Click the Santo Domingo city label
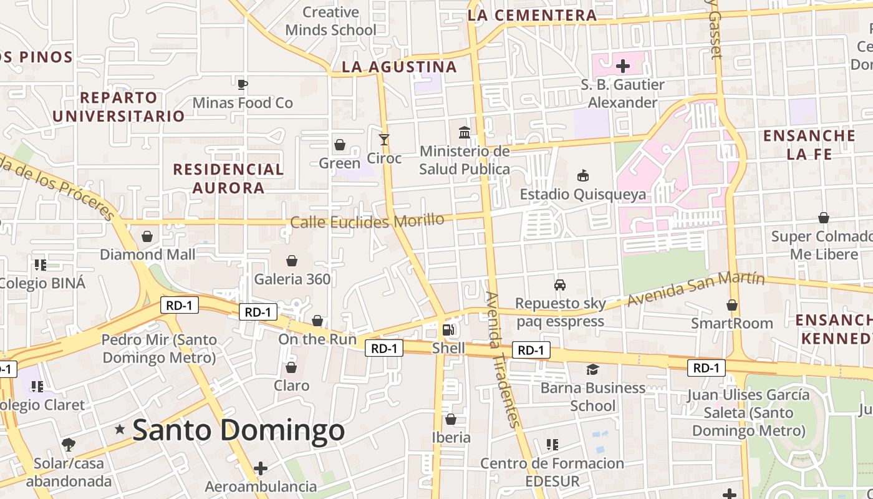(x=239, y=430)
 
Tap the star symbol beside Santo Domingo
(x=120, y=429)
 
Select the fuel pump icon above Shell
(x=448, y=329)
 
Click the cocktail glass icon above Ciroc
(x=384, y=139)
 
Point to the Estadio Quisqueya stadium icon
(x=583, y=175)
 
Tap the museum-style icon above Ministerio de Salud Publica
(x=465, y=132)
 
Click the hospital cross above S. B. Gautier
(x=622, y=65)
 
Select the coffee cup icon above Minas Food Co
(x=243, y=84)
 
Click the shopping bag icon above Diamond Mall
(x=147, y=236)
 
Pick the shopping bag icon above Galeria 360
(x=291, y=260)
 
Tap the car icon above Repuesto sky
(x=560, y=285)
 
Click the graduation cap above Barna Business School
(x=592, y=369)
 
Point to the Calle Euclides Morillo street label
(x=367, y=221)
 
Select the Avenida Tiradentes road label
(x=503, y=359)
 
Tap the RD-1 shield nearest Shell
(x=384, y=349)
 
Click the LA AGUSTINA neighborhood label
(x=400, y=67)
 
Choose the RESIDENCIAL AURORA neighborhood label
(x=228, y=178)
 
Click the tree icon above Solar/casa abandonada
(x=69, y=445)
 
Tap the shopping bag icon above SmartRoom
(x=732, y=305)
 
